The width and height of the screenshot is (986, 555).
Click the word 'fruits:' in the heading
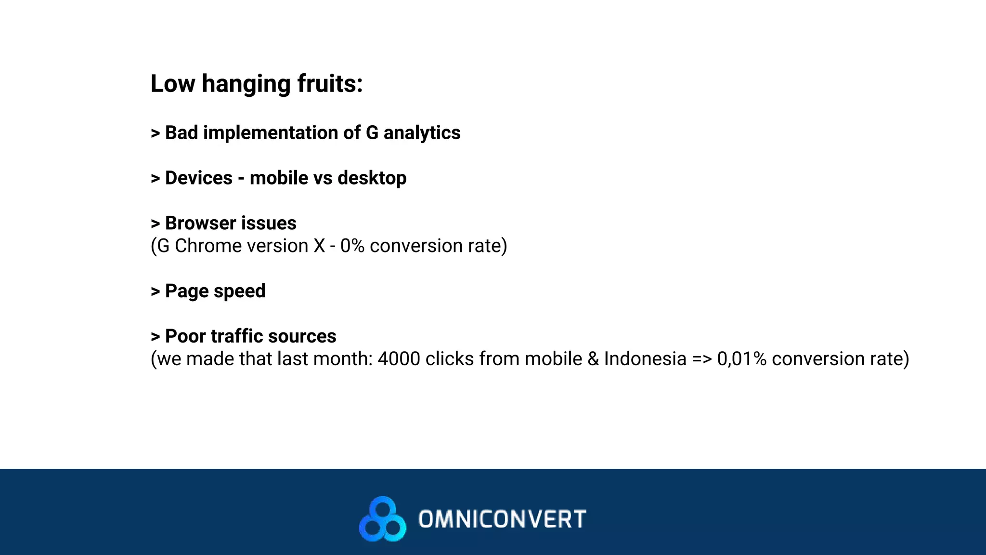click(330, 83)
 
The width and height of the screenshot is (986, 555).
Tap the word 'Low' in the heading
click(173, 83)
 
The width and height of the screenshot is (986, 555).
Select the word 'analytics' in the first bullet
click(422, 133)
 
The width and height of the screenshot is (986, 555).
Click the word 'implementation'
click(270, 133)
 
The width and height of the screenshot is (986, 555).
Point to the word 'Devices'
click(199, 178)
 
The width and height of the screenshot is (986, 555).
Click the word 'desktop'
click(372, 178)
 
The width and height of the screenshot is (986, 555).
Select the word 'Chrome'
click(206, 246)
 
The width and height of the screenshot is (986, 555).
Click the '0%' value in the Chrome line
click(352, 246)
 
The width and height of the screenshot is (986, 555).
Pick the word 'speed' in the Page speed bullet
click(239, 291)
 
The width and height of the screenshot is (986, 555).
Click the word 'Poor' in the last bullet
click(185, 336)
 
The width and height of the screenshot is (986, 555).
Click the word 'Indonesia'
click(645, 359)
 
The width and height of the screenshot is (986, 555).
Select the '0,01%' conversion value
click(741, 359)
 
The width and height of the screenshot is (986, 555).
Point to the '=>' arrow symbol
click(701, 359)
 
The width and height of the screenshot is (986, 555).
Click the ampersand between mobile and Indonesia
click(593, 359)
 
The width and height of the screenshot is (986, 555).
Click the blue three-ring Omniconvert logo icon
click(383, 519)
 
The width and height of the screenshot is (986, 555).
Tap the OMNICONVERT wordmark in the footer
click(502, 519)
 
